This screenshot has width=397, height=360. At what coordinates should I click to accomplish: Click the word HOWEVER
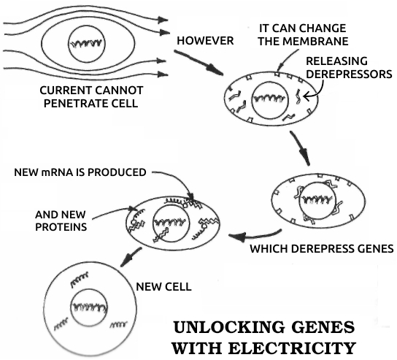pos(205,41)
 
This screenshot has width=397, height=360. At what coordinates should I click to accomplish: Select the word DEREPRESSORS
pos(349,74)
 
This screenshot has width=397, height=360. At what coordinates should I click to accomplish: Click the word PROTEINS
pos(61,227)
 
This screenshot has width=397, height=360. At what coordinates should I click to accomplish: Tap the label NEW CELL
pos(163,287)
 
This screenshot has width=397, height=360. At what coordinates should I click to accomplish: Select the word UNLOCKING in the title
pos(228,327)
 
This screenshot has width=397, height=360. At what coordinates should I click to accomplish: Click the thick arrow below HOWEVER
pos(198,63)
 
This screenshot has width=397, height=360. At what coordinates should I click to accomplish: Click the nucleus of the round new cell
pos(88,307)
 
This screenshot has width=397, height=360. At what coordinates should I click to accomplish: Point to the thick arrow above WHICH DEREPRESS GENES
pos(255,236)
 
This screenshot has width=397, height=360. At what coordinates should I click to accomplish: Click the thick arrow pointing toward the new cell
pos(131,257)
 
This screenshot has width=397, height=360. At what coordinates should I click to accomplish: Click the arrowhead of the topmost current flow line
pos(163,20)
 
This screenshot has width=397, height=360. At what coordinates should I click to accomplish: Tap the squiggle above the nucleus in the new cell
pos(80,279)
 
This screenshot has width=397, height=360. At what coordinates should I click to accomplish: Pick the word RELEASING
pos(336,61)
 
